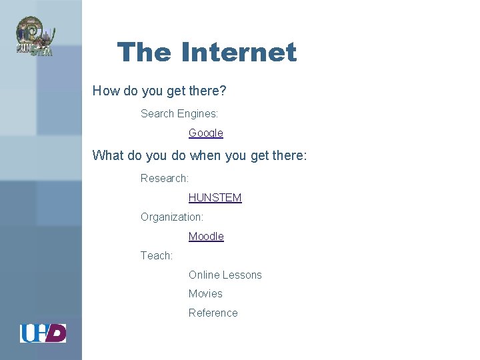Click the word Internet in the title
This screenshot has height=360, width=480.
point(238,52)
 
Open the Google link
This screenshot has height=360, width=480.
point(205,133)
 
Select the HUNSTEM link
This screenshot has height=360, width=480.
point(215,197)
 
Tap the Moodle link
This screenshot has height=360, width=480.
point(206,236)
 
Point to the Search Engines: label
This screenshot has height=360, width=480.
point(179,113)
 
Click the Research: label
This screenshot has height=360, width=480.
point(165,178)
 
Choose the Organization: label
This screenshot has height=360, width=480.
point(172,217)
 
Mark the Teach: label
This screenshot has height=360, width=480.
point(157,255)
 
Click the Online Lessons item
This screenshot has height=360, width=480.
point(225,275)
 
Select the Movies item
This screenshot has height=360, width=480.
point(205,293)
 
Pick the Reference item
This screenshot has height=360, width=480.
point(213,313)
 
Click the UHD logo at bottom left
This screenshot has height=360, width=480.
point(43,333)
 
